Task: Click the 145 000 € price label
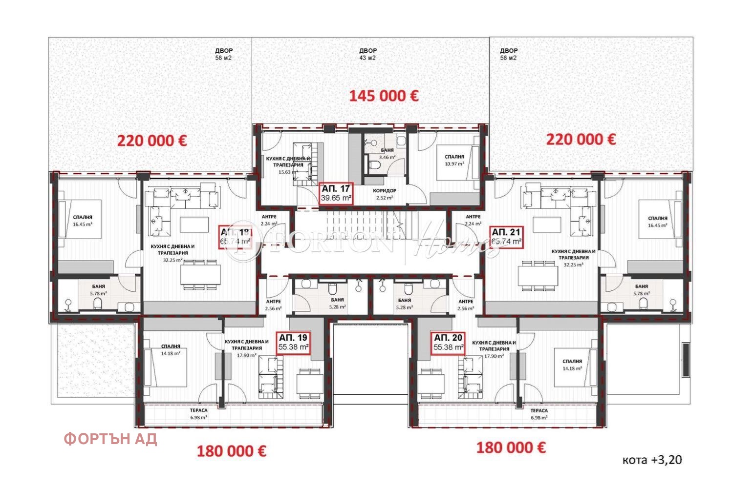coord(384,96)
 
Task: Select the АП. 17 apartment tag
coord(336,193)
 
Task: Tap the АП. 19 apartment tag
coord(293,342)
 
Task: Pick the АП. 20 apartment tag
coord(449,342)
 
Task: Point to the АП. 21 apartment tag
coord(506,236)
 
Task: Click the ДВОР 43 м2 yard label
coord(368,54)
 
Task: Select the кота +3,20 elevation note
coord(652,460)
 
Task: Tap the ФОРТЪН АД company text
coord(110,439)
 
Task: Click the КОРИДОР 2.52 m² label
coord(385,194)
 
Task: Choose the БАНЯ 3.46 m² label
coord(387,154)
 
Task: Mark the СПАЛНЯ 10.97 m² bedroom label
coord(454,160)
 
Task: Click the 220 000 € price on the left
coord(151,141)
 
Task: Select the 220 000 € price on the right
coord(581,140)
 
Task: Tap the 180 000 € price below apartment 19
coord(231,451)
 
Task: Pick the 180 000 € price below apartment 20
coord(511,447)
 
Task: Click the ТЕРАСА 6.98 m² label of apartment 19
coord(198,414)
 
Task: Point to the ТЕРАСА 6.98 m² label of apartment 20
coord(539,414)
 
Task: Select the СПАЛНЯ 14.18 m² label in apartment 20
coord(572,365)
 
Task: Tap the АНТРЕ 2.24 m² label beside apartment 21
coord(473,220)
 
